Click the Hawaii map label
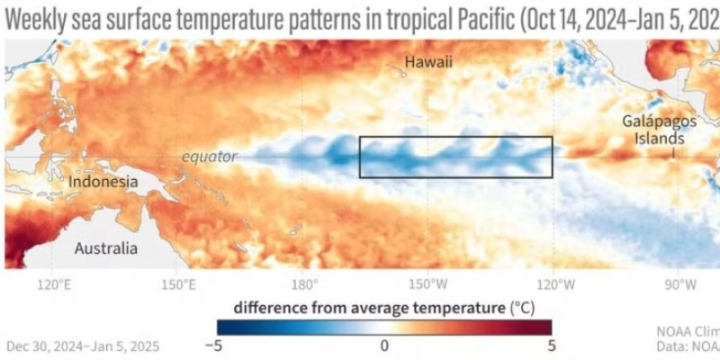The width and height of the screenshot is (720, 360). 427,62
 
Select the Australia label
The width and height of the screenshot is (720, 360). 105,248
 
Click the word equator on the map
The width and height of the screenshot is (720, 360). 209,157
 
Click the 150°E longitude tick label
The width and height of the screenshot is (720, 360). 178,285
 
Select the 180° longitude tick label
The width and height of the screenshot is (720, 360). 303,285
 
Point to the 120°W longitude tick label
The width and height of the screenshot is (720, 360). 556,285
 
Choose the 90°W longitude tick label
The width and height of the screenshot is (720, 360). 679,285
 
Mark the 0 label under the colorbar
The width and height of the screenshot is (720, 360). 384,346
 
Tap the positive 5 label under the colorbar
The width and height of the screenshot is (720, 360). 551,346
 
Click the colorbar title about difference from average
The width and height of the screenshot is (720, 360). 383,307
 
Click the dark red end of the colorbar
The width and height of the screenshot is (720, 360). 544,328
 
